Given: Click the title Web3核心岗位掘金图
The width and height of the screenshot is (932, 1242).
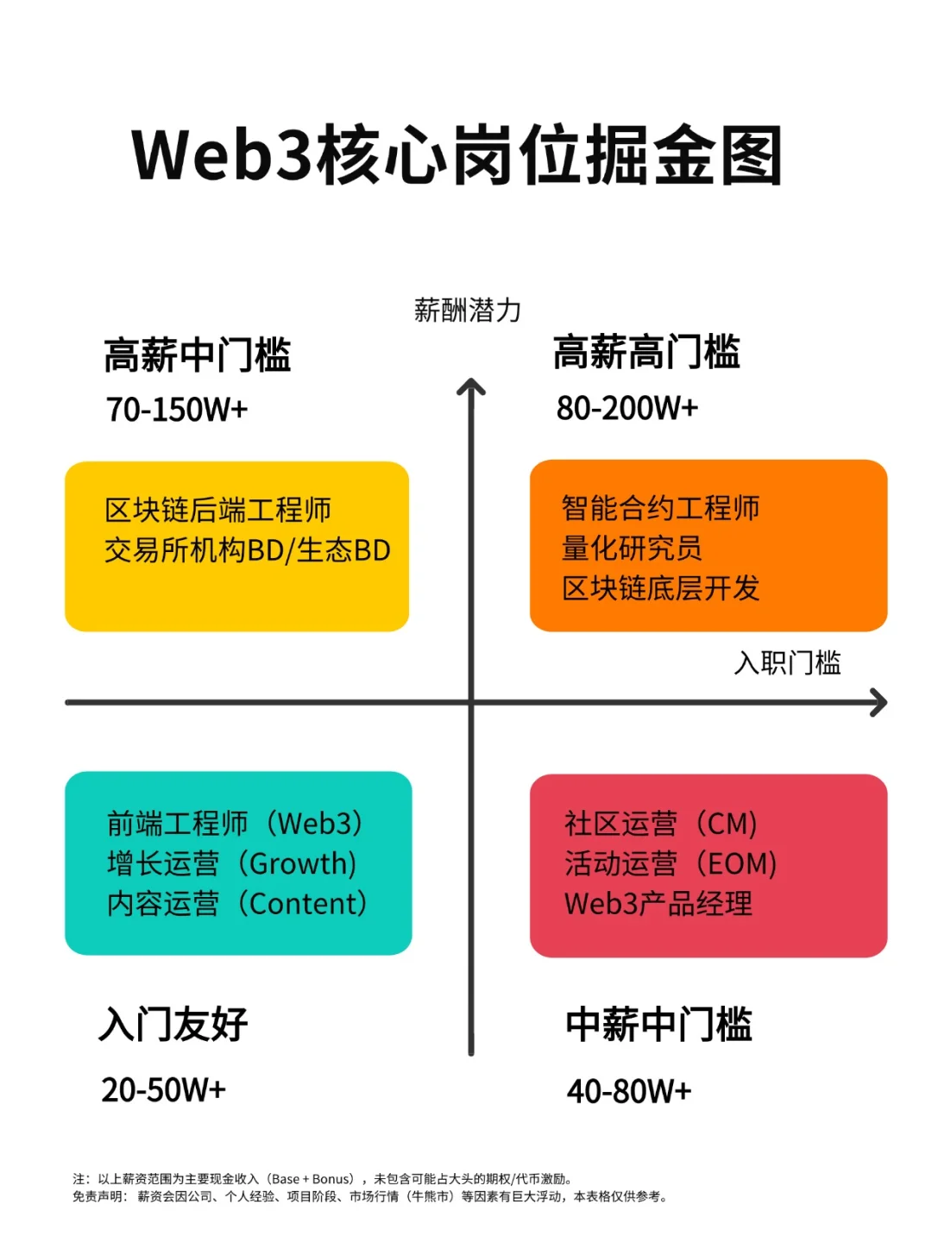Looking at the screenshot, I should [457, 156].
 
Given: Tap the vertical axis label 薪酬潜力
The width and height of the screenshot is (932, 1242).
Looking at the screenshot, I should [467, 310].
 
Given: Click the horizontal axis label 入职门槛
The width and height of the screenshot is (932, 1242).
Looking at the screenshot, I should [787, 662].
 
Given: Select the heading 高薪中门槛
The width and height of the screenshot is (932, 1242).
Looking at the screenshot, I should [198, 355].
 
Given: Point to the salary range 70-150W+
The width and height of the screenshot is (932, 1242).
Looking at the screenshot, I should [177, 410].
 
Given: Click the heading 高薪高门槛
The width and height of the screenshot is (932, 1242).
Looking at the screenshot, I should [646, 353].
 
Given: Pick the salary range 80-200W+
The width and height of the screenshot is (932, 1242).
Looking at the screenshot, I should [627, 408].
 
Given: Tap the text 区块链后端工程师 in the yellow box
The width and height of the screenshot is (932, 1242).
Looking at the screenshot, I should [218, 510].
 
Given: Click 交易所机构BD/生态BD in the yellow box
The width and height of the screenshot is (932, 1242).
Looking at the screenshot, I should [248, 550].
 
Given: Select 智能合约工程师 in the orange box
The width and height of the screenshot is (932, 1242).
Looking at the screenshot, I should [660, 508].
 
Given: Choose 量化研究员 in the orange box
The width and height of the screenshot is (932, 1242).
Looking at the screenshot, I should [632, 548].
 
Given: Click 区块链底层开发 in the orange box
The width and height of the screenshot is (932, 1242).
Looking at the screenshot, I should [660, 588].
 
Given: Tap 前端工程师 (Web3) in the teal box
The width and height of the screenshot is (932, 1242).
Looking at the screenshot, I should [235, 824].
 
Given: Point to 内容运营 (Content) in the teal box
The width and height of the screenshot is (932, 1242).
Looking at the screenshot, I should [237, 904].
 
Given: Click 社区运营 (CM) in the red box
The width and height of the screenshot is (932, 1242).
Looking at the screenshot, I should [661, 824].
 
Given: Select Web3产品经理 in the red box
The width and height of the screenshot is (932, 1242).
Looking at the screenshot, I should [658, 904].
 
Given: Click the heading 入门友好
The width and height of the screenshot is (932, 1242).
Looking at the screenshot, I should [173, 1025].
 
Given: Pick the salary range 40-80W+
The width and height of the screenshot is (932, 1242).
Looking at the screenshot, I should [629, 1092].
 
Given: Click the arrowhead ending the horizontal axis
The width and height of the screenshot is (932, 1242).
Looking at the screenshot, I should [879, 702].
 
